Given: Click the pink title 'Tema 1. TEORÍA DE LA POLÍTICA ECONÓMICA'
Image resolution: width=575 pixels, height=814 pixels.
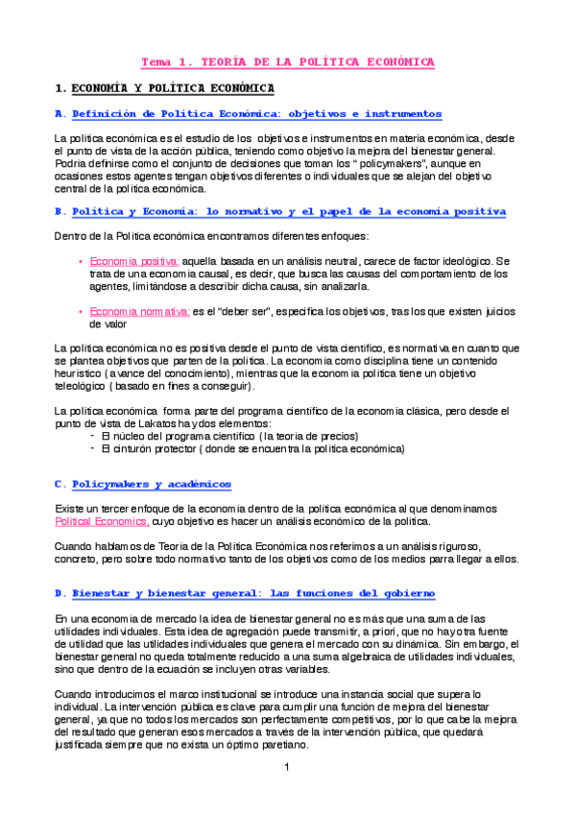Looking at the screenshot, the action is [288, 61].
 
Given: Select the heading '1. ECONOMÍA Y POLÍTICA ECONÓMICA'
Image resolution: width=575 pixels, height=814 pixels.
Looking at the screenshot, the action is [165, 89].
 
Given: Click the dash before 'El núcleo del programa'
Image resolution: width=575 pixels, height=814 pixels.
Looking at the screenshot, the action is [91, 435].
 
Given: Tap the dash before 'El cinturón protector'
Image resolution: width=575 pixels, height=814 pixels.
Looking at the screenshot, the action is [91, 447].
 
